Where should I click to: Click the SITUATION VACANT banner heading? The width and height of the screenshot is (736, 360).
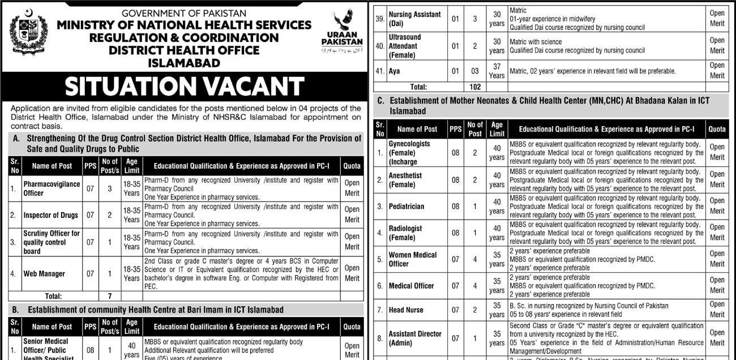tap(184, 87)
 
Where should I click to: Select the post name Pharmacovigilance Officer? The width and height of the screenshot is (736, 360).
tap(52, 188)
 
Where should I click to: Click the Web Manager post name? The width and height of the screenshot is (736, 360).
tap(44, 274)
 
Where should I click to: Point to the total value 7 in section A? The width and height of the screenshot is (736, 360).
tap(110, 296)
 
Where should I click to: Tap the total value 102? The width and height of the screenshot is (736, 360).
tap(475, 87)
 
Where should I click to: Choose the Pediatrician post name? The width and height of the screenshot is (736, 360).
tap(406, 207)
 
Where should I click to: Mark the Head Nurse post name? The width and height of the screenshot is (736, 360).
tap(406, 310)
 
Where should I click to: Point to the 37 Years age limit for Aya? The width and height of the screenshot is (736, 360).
tap(497, 71)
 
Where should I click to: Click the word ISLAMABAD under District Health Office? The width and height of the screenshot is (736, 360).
tap(184, 63)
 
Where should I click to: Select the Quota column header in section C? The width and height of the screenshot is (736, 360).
tap(717, 129)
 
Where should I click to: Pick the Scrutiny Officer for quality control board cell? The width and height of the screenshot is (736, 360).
tap(52, 242)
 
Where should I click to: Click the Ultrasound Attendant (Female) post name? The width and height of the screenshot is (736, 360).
tap(405, 46)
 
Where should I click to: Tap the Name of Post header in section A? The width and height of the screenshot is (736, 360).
tap(52, 166)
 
